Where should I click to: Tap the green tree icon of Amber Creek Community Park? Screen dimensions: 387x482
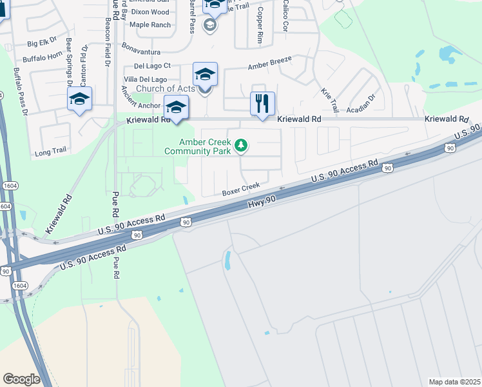(x=241, y=145)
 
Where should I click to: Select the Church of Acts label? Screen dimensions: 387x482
(x=166, y=88)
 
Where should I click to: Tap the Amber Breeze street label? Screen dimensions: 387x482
(x=270, y=63)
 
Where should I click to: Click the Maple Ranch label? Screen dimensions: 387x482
(x=150, y=25)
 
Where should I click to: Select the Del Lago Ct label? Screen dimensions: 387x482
(x=152, y=65)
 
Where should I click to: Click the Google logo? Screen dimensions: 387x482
(x=21, y=379)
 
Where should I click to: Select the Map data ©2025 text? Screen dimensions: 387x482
(x=454, y=382)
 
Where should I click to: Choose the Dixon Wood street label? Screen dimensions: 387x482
(x=149, y=12)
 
